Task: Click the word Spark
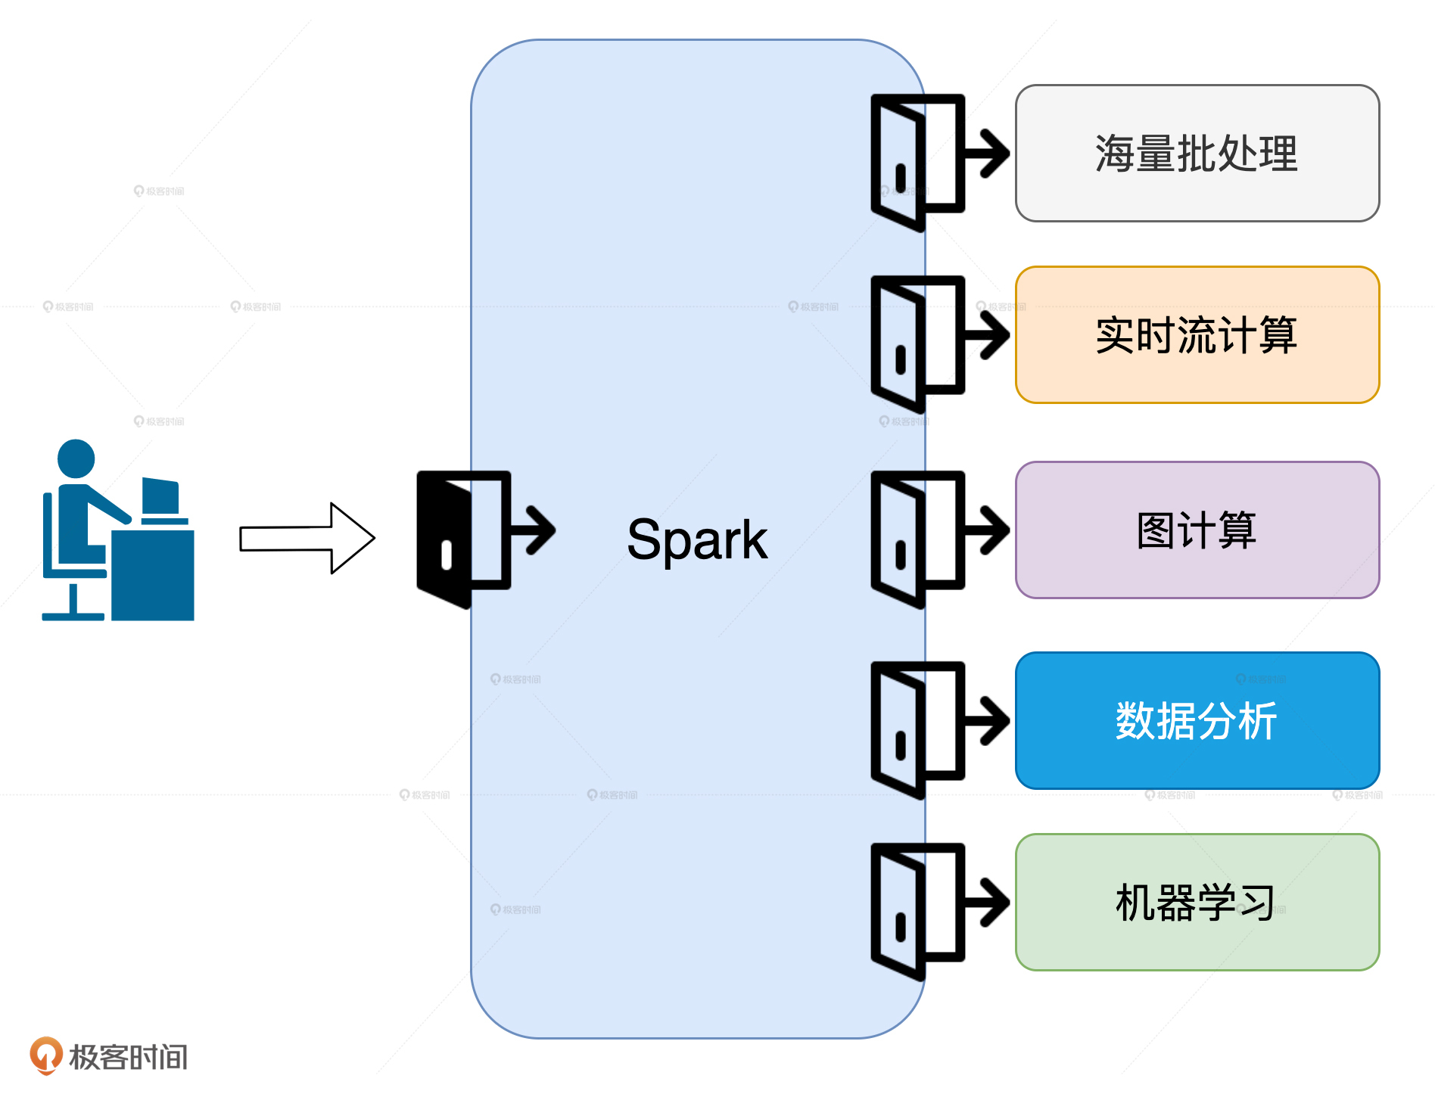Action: [697, 539]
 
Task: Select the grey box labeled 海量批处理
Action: [1197, 154]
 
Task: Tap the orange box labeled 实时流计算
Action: [1197, 335]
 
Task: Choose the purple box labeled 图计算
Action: [1197, 530]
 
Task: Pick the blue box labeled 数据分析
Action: [1197, 721]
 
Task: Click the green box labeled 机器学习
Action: [1197, 903]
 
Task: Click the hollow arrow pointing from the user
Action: [307, 538]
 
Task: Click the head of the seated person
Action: [76, 458]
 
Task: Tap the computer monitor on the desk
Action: [160, 497]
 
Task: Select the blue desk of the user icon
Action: [153, 575]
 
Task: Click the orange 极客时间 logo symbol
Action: [45, 1055]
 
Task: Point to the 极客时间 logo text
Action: [129, 1057]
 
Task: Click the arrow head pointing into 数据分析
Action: [995, 720]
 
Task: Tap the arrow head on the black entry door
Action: [542, 530]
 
